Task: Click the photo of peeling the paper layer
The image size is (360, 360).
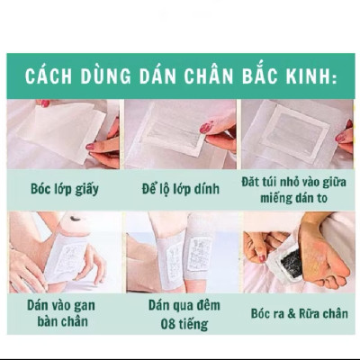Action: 62,135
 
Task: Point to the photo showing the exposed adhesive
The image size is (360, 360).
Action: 179,135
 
